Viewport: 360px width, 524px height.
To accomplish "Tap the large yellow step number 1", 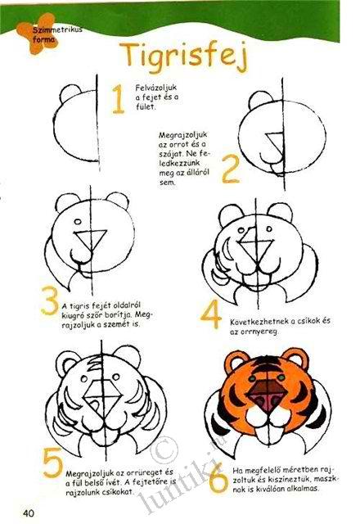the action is point(118,99).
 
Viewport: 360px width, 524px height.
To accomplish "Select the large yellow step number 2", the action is point(231,169).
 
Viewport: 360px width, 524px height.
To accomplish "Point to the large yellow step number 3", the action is point(50,300).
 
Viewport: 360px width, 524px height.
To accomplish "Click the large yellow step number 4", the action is point(211,314).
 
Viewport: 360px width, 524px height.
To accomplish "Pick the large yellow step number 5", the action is point(53,462).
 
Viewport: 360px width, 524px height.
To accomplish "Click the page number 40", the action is point(29,513).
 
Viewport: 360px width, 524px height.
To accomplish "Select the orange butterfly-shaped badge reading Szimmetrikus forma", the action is point(37,34).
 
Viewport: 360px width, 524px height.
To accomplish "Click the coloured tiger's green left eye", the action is point(252,378).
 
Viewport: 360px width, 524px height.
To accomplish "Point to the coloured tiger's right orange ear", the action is point(295,361).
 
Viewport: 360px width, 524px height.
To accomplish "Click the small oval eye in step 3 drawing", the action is point(78,222).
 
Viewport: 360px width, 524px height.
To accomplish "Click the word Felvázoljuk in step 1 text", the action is point(156,88).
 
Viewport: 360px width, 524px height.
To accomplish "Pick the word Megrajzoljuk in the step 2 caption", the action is point(182,135).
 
